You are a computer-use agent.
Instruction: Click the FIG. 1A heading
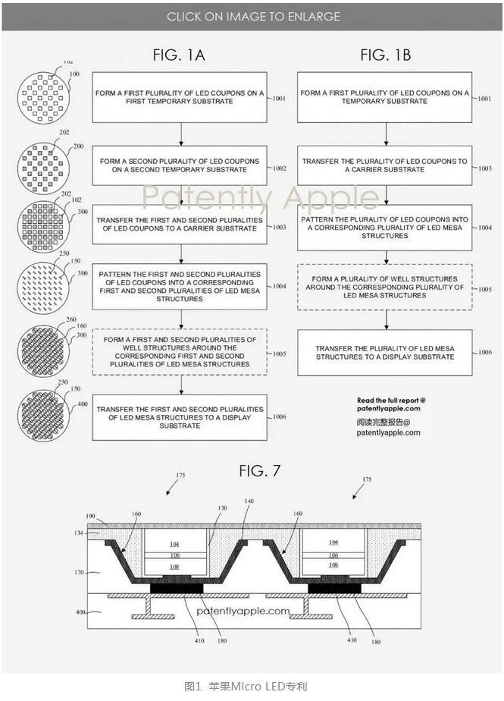tap(179, 55)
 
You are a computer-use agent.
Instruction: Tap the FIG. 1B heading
tap(385, 55)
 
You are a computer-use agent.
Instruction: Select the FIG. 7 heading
tap(259, 470)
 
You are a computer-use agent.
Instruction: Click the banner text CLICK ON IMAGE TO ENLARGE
tap(253, 16)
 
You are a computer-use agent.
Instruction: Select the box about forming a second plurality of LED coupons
tap(180, 165)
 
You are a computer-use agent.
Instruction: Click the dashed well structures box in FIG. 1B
tap(384, 288)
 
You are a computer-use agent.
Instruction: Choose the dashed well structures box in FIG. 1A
tap(180, 351)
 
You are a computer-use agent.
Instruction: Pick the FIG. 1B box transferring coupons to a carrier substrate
tap(384, 165)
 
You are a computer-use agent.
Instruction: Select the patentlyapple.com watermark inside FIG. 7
tap(243, 610)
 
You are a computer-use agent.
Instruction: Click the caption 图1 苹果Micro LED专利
tap(246, 687)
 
